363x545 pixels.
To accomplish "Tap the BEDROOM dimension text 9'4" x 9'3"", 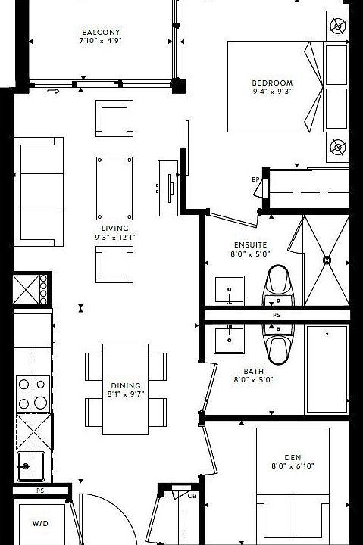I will click(272, 92).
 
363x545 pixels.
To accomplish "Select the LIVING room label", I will click(114, 228).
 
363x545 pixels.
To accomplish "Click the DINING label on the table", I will click(125, 385).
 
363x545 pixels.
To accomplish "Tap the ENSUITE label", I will click(249, 245).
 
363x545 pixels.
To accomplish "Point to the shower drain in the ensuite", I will click(327, 260).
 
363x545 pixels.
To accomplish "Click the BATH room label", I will click(253, 371).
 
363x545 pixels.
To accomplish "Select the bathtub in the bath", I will click(327, 369).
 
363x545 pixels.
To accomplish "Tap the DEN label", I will click(293, 457).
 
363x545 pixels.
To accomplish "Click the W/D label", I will click(39, 523).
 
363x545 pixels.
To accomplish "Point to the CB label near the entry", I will click(192, 496).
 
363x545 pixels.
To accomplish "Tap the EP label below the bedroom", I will click(255, 179).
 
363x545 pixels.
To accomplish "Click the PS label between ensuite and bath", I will click(276, 315).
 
